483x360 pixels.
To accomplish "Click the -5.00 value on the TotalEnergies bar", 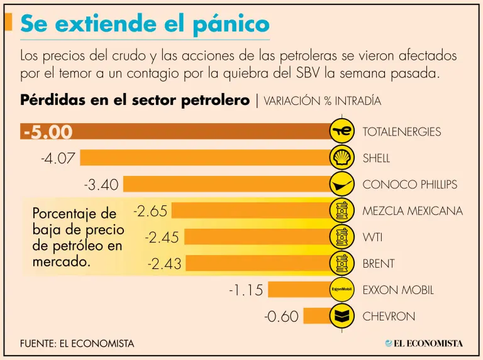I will (x=48, y=132).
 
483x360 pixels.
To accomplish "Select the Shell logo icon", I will (x=341, y=158).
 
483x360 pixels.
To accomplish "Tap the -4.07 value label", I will (x=58, y=158).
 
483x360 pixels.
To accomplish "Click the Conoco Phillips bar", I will (x=226, y=184).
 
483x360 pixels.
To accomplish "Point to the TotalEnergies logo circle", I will (x=341, y=131).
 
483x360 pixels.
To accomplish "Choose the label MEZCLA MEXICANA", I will (x=412, y=210).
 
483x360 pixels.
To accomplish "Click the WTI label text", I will (x=372, y=237).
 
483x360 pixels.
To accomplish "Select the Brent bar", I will (x=258, y=264).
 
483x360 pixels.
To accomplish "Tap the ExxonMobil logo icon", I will (x=341, y=290).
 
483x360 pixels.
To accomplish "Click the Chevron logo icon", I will (x=341, y=316).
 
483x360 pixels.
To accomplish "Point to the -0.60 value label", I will (x=281, y=317).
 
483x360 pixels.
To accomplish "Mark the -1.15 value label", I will (x=246, y=290).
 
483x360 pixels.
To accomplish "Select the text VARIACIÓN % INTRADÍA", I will (x=322, y=101).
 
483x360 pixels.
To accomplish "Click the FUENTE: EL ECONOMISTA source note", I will (x=77, y=344).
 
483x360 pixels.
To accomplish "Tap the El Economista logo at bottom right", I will (x=424, y=343).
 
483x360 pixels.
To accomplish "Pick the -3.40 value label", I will (x=101, y=185).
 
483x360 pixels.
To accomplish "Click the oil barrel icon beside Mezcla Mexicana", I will (x=341, y=210).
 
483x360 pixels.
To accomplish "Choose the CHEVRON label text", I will (x=389, y=317).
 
